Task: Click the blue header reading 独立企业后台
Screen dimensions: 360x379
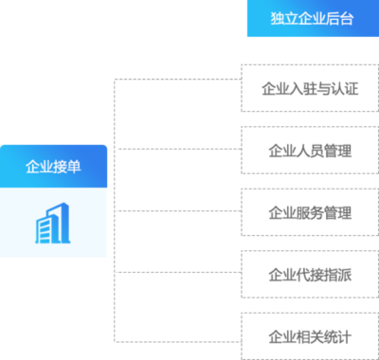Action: click(x=312, y=19)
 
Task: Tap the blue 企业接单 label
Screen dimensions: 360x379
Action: click(x=54, y=166)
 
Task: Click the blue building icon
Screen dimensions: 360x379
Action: click(x=54, y=224)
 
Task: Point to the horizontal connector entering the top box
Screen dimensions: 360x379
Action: click(x=177, y=80)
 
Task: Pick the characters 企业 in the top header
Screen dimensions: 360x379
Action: click(x=312, y=19)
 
